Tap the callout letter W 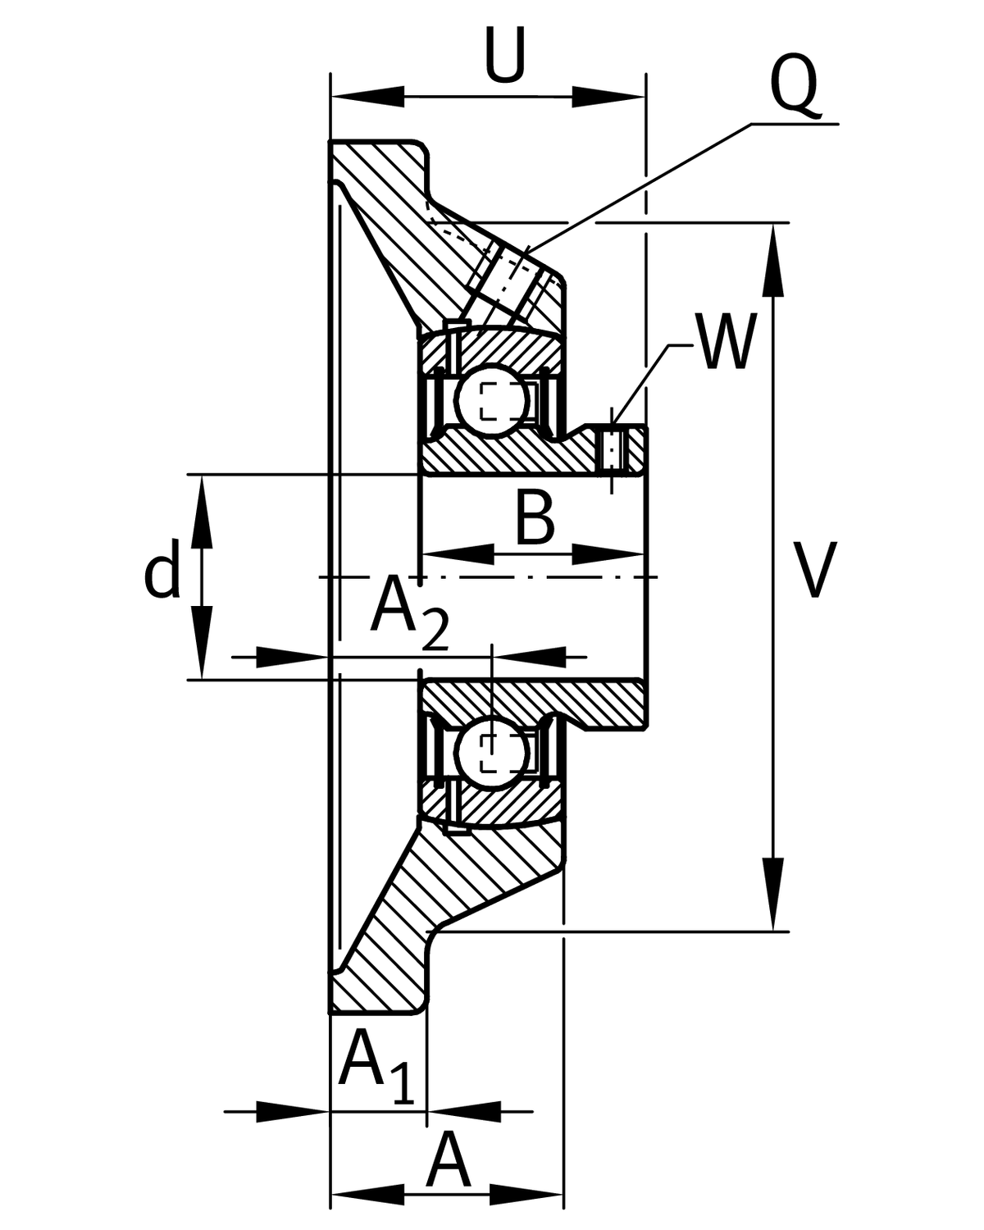coord(725,342)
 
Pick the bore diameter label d coord(161,574)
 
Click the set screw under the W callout coord(612,449)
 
